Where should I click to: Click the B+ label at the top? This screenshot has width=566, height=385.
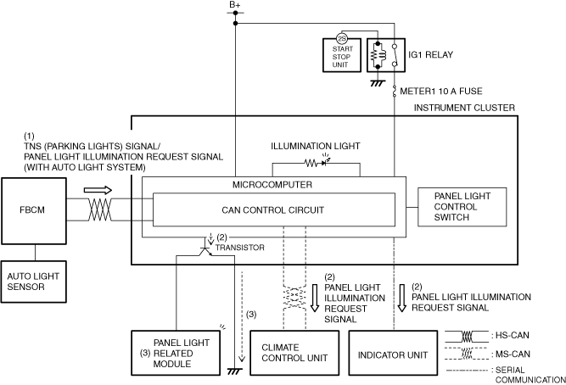coord(235,7)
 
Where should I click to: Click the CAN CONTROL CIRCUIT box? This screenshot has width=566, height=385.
coord(273,210)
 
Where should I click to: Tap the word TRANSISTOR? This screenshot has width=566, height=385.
coord(243,247)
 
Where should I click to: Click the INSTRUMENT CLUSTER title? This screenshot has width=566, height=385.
coord(463,109)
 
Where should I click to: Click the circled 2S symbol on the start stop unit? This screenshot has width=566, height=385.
coord(342,38)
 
